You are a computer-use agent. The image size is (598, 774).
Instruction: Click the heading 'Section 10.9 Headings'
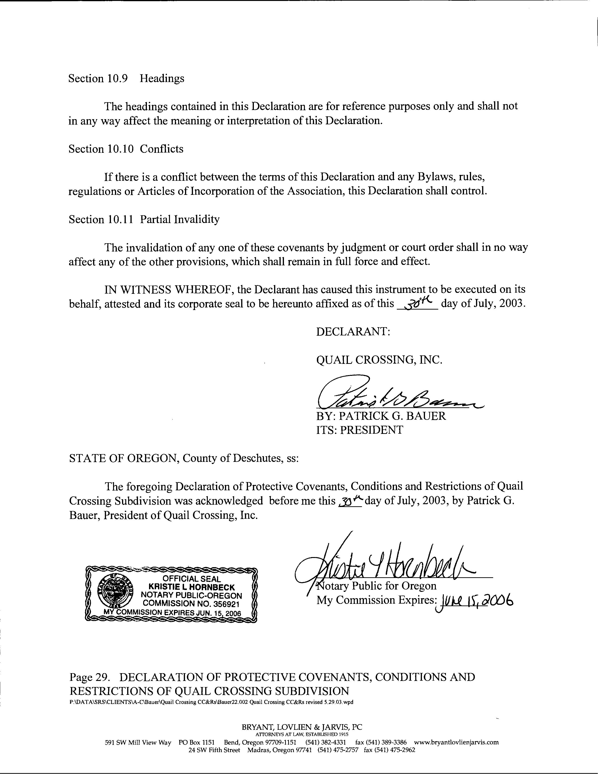pyautogui.click(x=126, y=78)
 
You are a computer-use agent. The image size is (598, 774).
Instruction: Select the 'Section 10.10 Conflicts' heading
pyautogui.click(x=126, y=149)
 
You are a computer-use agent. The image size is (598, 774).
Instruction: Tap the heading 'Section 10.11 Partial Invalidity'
pyautogui.click(x=144, y=219)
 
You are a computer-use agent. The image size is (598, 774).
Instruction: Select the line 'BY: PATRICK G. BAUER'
pyautogui.click(x=381, y=416)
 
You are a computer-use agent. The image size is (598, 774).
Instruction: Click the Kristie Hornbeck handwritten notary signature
pyautogui.click(x=386, y=563)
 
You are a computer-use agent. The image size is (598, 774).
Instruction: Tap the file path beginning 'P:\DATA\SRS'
pyautogui.click(x=211, y=702)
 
